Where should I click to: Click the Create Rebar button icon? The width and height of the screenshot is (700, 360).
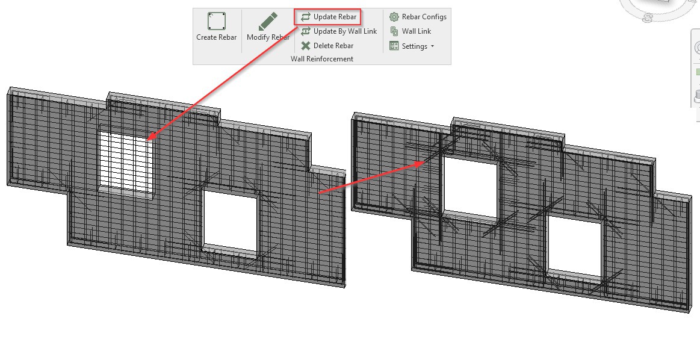tap(216, 22)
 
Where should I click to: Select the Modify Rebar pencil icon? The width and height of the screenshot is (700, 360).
tap(268, 22)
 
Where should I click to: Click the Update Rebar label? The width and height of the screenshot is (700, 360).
tap(335, 17)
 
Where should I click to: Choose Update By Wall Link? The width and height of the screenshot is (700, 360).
tap(345, 31)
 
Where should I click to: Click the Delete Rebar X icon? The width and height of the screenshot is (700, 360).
tap(306, 46)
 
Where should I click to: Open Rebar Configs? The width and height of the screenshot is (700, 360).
tap(424, 17)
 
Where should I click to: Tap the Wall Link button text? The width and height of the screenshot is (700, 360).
tap(417, 31)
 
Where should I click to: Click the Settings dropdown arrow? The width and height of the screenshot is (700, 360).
tap(432, 46)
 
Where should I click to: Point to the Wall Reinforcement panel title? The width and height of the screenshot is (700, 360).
tap(322, 59)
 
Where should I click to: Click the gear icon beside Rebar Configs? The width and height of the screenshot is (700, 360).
tap(394, 17)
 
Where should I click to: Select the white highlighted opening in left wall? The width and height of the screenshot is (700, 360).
tap(125, 161)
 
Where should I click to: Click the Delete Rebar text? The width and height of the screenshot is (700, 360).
tap(333, 46)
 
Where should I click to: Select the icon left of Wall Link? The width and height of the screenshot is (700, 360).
tap(394, 31)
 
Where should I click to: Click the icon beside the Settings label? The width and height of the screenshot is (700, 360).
tap(394, 46)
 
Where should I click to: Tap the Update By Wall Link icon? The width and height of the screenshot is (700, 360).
tap(306, 31)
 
